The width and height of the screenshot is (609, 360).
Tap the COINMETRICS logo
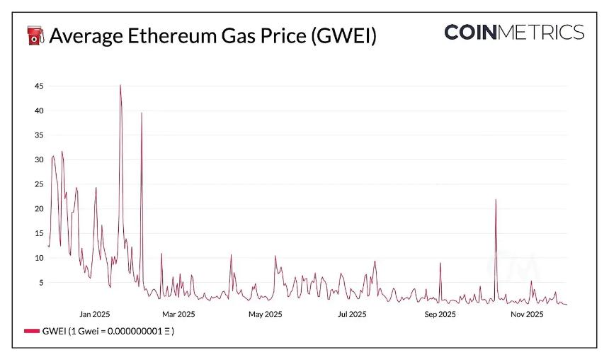pos(514,32)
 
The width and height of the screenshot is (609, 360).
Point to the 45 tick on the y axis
pos(39,86)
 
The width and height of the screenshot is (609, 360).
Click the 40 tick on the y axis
pos(39,111)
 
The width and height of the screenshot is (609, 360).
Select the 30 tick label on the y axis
pos(39,160)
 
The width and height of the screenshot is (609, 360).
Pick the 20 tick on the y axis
pos(39,209)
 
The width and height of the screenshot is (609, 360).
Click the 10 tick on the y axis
pos(39,258)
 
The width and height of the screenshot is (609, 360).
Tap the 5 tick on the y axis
pos(41,283)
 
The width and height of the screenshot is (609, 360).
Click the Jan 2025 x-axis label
pos(95,314)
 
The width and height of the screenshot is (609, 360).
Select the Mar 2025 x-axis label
pos(178,314)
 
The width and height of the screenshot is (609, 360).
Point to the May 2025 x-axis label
pos(265,314)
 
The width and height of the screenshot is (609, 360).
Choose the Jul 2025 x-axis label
pos(352,314)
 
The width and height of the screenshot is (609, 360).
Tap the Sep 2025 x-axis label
pos(440,314)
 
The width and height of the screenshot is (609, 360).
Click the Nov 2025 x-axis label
pos(527,314)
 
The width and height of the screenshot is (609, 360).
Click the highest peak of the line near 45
pos(120,85)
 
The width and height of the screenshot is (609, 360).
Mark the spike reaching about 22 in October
pos(496,200)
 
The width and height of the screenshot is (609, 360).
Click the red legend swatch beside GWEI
pos(32,331)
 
